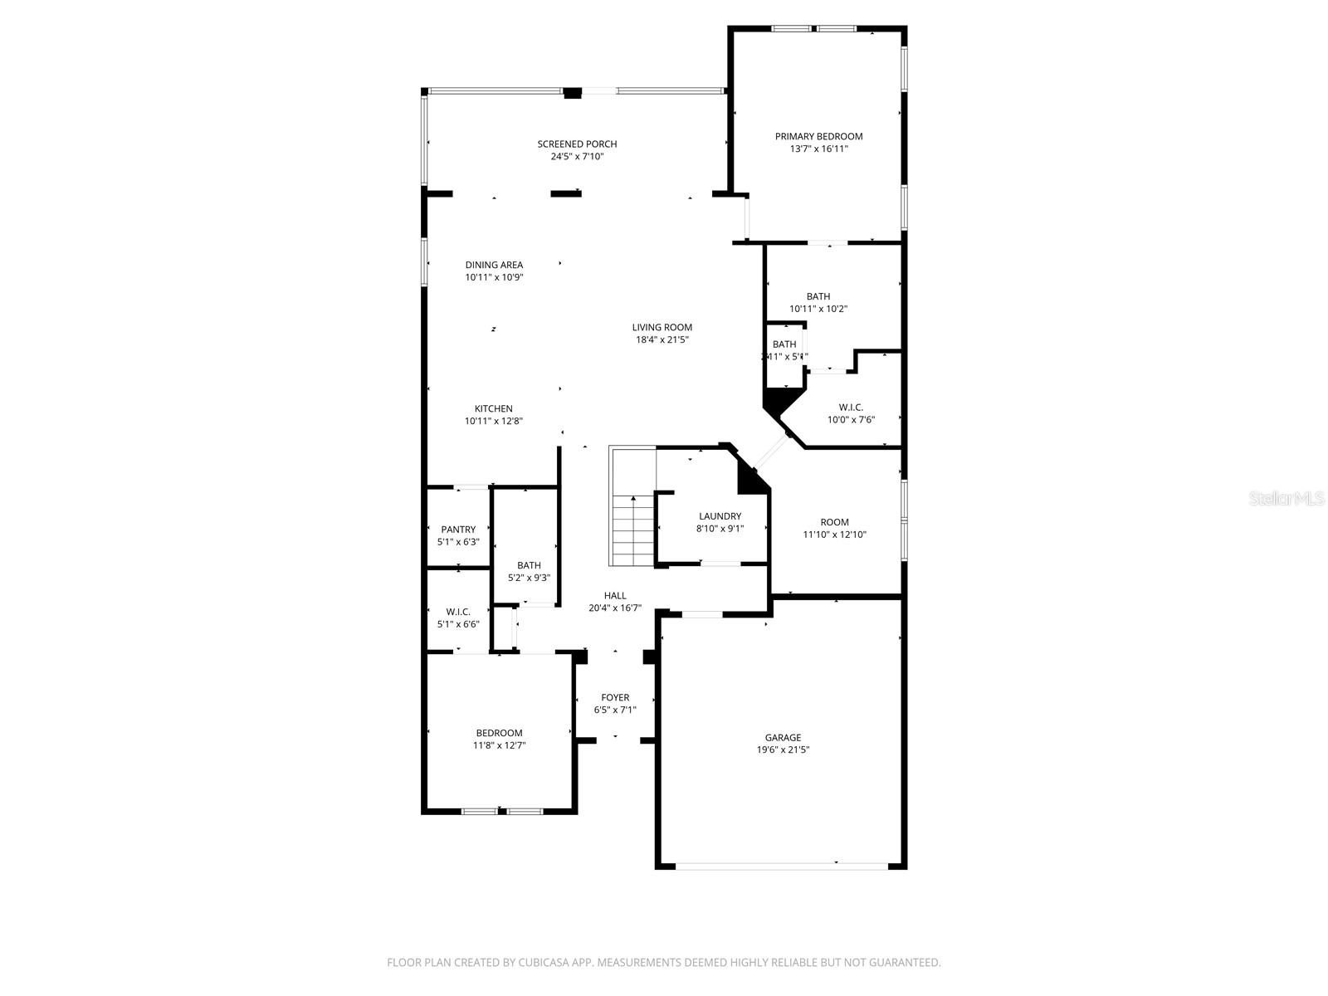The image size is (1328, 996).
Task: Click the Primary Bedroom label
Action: (x=818, y=136)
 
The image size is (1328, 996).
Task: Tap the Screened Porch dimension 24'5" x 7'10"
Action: (x=577, y=156)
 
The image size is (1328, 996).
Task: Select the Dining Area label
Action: (x=494, y=265)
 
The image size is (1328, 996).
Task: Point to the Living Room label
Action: (x=662, y=327)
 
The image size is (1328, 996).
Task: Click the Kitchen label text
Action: (x=493, y=408)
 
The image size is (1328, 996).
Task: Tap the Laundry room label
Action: (x=720, y=516)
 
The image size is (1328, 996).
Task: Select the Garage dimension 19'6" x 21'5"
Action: (x=783, y=749)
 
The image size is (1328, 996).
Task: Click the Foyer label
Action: (x=615, y=697)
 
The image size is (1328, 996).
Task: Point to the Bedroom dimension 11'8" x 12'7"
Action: (x=499, y=745)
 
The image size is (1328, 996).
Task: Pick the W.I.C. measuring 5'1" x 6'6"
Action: (x=458, y=618)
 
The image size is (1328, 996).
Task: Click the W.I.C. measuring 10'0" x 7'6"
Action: (x=851, y=413)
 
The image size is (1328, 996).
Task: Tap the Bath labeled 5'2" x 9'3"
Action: (x=529, y=572)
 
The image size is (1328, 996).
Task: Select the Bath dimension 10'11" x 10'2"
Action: (x=818, y=309)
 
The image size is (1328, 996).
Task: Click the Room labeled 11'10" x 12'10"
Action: (x=834, y=528)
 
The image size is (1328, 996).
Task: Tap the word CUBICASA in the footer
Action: (x=544, y=963)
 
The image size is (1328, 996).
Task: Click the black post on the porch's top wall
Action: (x=573, y=93)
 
